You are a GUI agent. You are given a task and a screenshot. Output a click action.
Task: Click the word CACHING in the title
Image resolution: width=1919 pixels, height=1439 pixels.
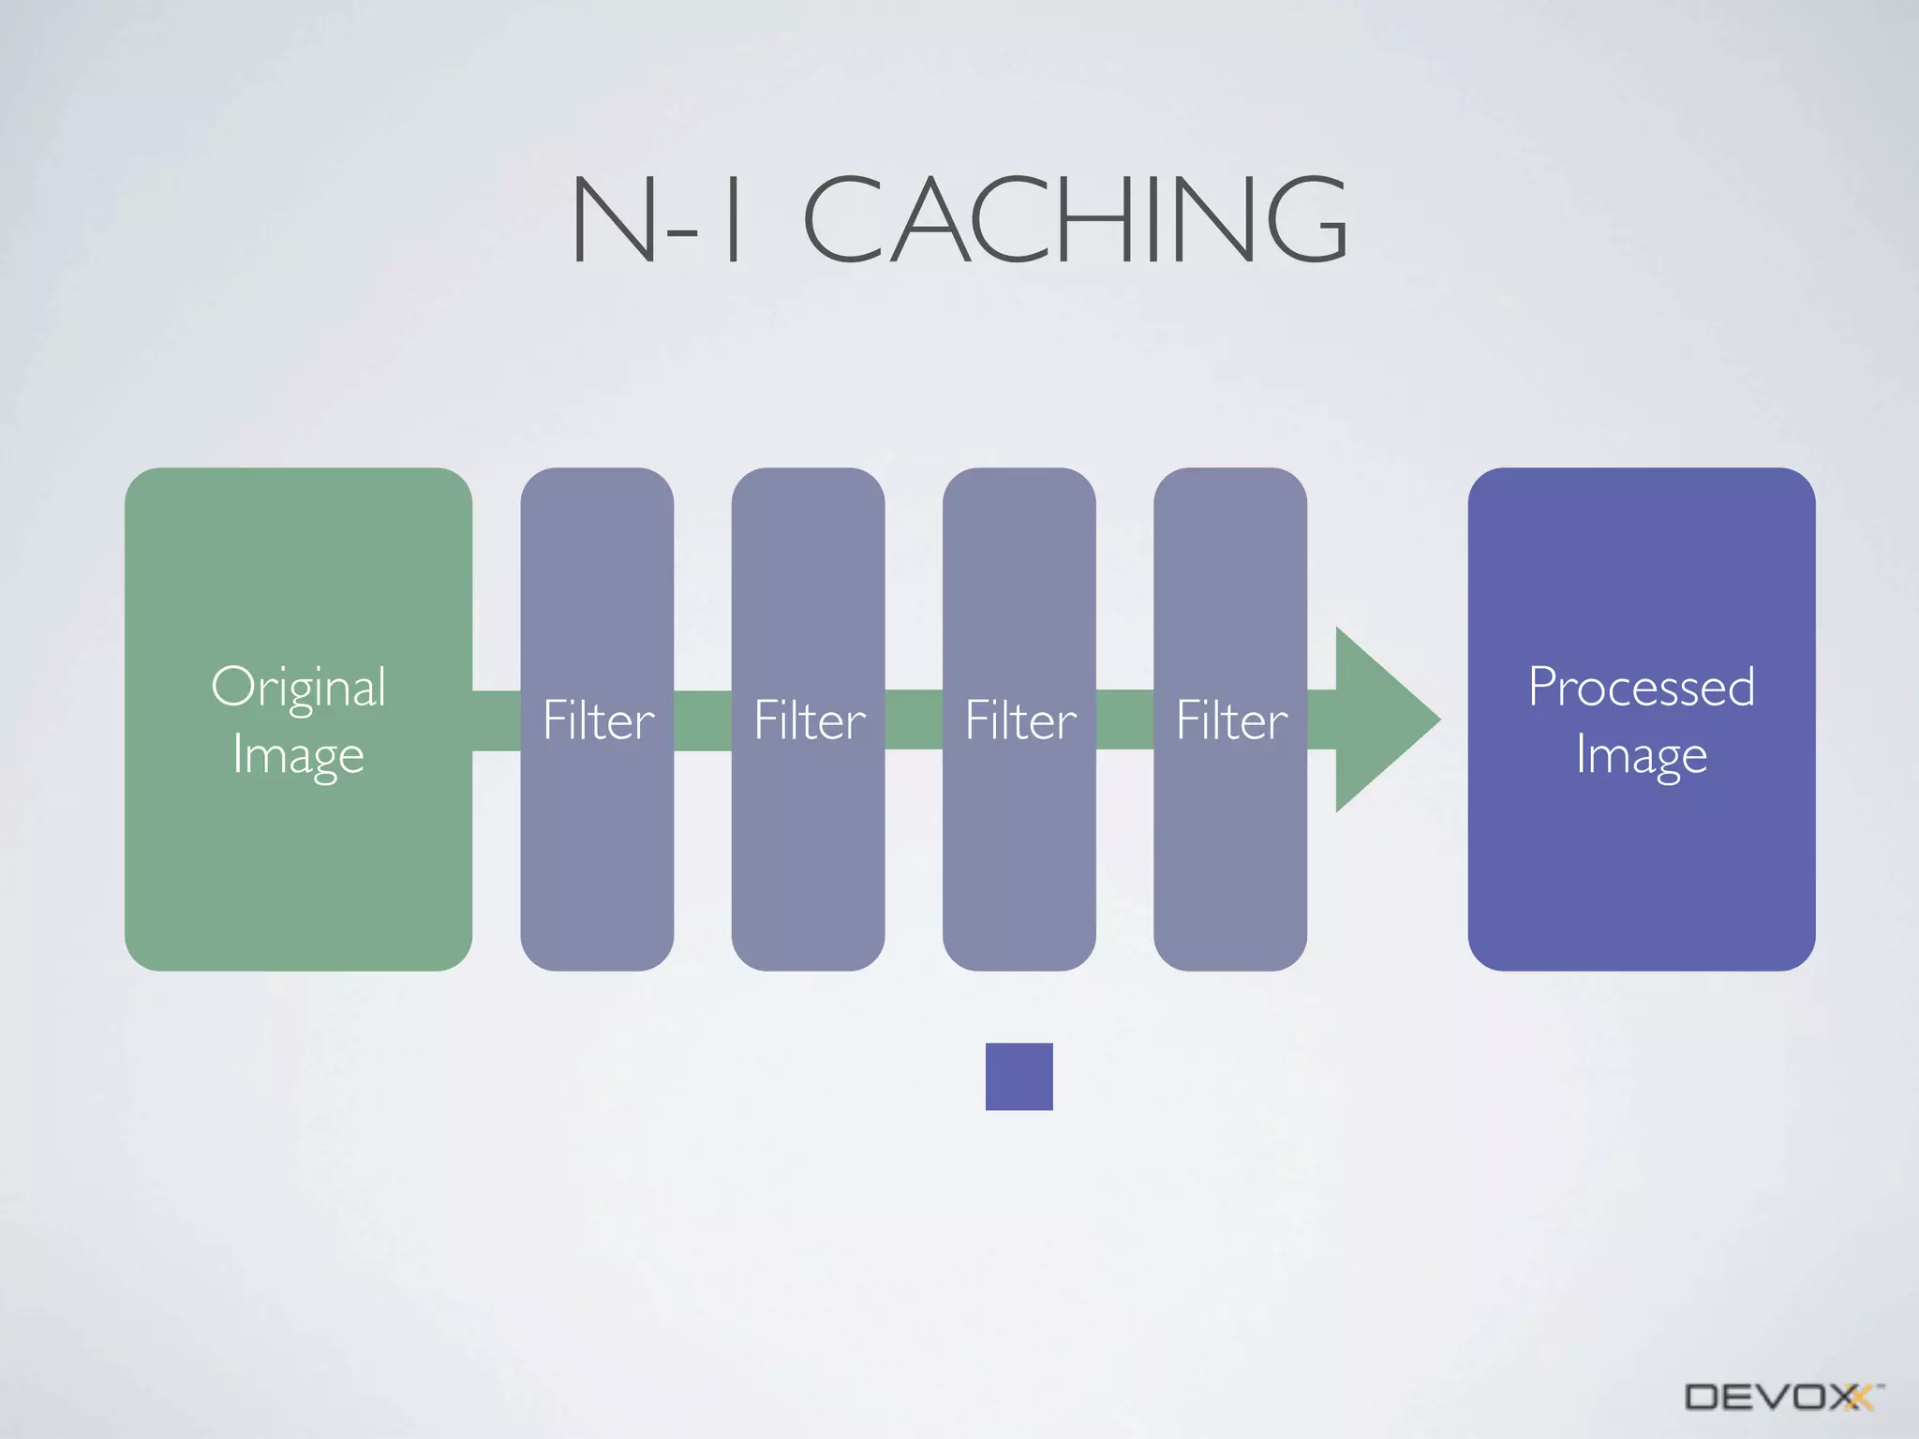pyautogui.click(x=1076, y=219)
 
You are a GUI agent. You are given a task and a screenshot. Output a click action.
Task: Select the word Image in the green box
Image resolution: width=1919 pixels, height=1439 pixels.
pyautogui.click(x=298, y=755)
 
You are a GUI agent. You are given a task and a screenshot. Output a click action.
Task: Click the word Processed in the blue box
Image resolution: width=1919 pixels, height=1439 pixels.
pyautogui.click(x=1641, y=687)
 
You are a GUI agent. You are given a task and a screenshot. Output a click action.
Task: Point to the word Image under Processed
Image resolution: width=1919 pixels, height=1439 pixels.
pyautogui.click(x=1641, y=755)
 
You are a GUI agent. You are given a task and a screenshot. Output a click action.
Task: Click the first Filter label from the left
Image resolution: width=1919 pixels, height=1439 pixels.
pyautogui.click(x=598, y=720)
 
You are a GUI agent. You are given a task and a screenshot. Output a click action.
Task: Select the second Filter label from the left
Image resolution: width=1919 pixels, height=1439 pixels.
pyautogui.click(x=809, y=720)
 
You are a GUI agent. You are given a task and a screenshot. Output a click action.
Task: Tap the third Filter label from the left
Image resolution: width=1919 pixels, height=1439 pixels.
pyautogui.click(x=1020, y=720)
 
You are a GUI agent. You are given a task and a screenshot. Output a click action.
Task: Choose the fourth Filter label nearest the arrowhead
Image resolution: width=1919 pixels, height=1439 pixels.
pyautogui.click(x=1231, y=720)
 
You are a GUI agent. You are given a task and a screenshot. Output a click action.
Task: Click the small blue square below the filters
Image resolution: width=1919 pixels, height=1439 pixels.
pyautogui.click(x=1019, y=1076)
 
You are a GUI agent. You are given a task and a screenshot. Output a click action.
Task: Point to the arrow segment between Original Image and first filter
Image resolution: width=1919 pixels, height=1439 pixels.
pyautogui.click(x=497, y=720)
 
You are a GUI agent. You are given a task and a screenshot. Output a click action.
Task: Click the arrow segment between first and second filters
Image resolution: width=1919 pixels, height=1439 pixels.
pyautogui.click(x=703, y=720)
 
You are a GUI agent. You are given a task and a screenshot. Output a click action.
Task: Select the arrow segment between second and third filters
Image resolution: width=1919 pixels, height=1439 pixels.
pyautogui.click(x=914, y=720)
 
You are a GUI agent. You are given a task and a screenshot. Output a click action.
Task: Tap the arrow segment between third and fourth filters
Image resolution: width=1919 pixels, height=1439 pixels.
pyautogui.click(x=1124, y=720)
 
